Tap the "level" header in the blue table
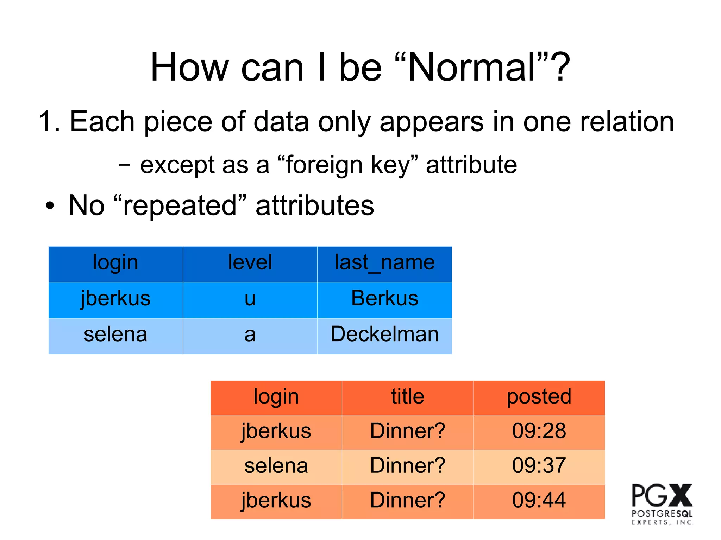pos(250,262)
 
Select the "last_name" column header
pos(384,262)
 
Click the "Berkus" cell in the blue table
pos(384,299)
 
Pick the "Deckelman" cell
pos(384,334)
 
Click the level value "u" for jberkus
pos(250,299)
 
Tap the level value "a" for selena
pos(250,335)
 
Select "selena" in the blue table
pos(115,335)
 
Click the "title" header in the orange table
pos(408,396)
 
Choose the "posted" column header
pos(539,396)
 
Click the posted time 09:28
pos(539,431)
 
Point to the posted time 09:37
pos(539,465)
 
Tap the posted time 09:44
pos(539,500)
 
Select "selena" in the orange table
pos(276,466)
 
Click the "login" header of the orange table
pos(276,396)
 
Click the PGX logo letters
pos(662,495)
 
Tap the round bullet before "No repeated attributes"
pos(50,206)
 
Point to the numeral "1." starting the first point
pos(49,122)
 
